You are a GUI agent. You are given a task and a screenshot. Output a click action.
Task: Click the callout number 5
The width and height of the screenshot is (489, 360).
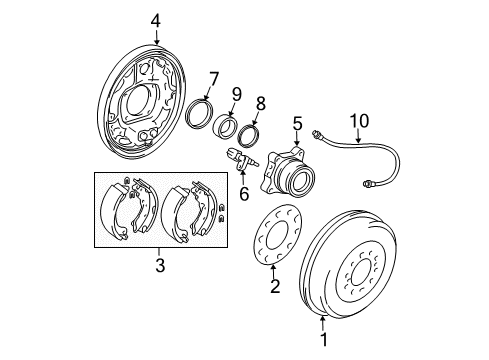[x=297, y=125]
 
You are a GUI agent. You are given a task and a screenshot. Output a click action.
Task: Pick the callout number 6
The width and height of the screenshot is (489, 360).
[x=243, y=194]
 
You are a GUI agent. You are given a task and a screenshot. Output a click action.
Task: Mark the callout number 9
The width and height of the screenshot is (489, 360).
[x=236, y=95]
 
